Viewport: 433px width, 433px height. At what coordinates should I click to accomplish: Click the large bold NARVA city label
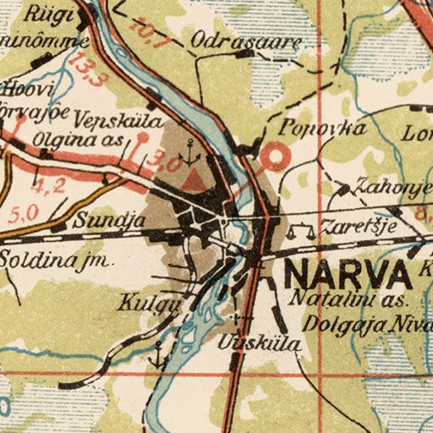348,275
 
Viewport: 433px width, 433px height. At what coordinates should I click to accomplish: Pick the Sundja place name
99,221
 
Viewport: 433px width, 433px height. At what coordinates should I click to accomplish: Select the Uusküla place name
246,343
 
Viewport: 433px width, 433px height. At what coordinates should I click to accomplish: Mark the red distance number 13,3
87,69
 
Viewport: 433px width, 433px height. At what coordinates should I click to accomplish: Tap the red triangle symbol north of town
195,179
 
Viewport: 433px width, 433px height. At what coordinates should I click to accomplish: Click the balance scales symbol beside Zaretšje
295,228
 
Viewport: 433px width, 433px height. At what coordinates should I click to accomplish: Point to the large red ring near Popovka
276,156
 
